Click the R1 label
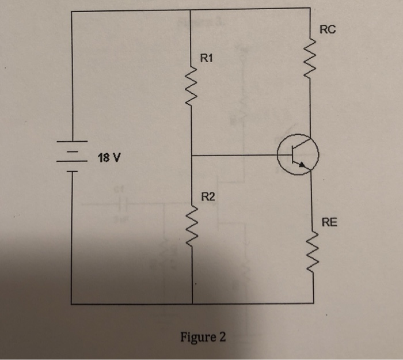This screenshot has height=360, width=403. click(206, 58)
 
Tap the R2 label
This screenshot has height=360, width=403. click(208, 198)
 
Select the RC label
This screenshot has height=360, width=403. click(326, 30)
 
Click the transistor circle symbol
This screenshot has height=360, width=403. click(298, 154)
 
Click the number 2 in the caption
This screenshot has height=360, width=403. click(222, 336)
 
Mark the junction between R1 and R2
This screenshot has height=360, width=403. click(191, 156)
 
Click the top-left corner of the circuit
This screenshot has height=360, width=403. click(71, 10)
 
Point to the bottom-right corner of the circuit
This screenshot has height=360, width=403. click(313, 302)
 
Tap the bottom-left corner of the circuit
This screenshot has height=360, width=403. click(71, 303)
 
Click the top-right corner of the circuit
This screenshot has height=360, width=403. click(311, 9)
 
